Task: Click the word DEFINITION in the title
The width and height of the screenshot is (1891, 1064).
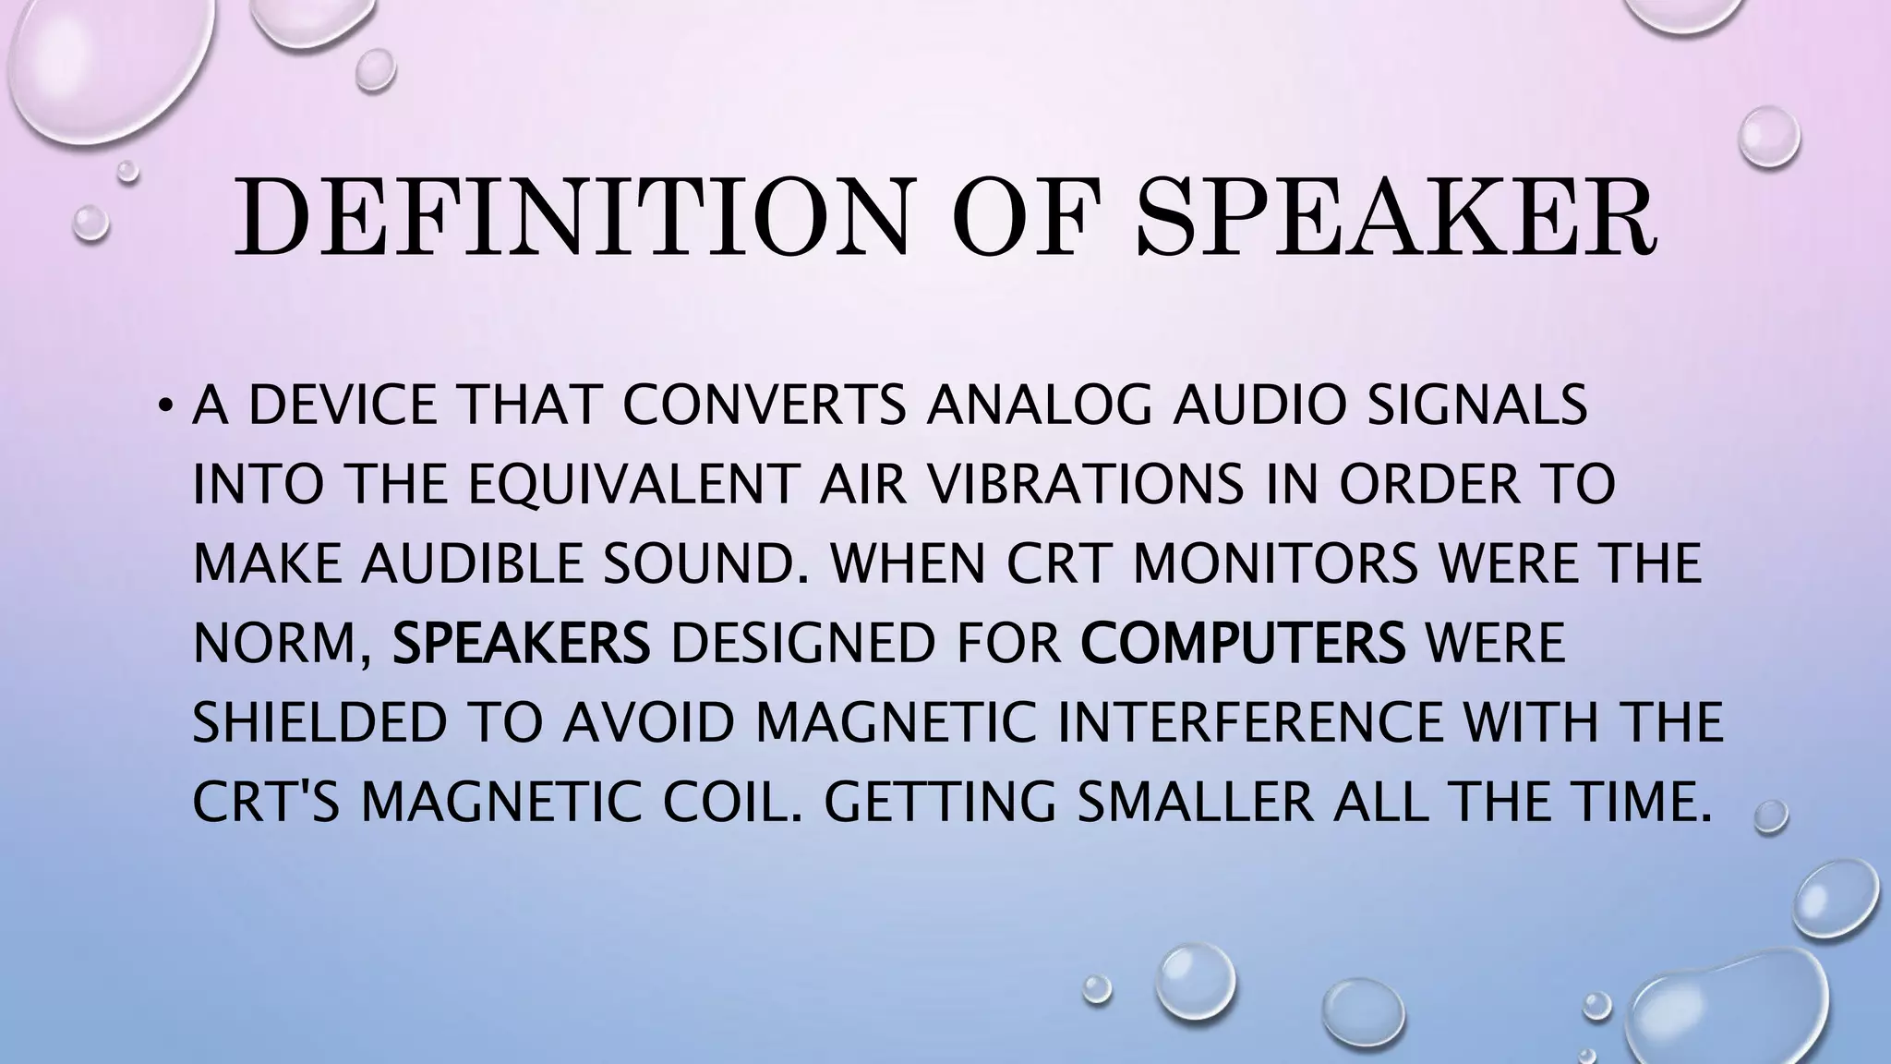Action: pos(572,218)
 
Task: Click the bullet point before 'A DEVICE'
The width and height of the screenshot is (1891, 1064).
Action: pos(164,406)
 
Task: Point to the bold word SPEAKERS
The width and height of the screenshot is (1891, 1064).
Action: pos(522,643)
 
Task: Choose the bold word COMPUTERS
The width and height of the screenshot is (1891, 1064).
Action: pos(1243,643)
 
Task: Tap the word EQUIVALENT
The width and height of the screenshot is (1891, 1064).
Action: pos(632,485)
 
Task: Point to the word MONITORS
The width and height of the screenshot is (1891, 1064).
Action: pos(1275,563)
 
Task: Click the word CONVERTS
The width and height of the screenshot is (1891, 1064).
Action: pos(764,406)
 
